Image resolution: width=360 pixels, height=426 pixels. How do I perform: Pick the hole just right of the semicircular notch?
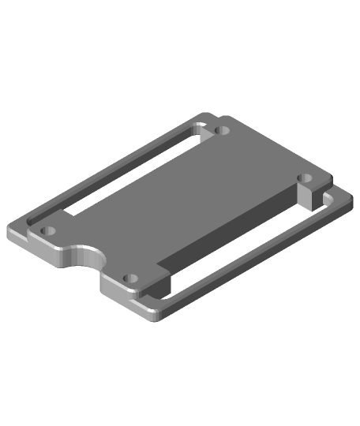click(130, 278)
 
